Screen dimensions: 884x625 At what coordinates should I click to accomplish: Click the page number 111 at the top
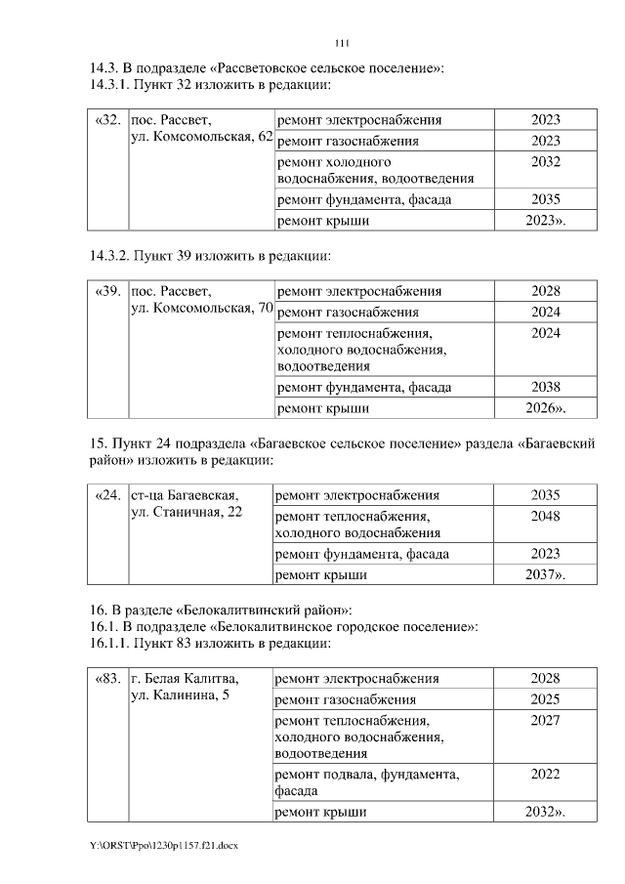pos(342,43)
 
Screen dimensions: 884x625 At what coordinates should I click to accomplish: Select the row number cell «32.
pos(108,120)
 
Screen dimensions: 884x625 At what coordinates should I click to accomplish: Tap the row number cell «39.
pos(108,291)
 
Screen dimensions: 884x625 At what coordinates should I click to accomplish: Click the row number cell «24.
pos(107,495)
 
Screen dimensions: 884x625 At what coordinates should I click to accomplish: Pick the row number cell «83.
pos(107,678)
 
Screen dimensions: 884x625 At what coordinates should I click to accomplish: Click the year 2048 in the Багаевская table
pos(545,516)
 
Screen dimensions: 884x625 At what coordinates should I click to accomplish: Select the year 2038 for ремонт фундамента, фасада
pos(545,386)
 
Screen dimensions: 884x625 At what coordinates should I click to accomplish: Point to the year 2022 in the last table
pos(545,774)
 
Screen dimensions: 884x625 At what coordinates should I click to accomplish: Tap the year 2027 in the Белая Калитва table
pos(545,720)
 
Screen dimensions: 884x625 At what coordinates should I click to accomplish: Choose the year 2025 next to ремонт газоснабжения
pos(545,699)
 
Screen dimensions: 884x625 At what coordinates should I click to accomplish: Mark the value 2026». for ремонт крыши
pos(545,407)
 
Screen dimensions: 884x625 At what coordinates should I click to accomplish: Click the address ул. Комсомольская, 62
pos(201,139)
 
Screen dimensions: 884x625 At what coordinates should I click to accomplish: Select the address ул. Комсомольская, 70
pos(201,310)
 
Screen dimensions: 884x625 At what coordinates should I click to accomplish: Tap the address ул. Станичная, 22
pos(187,514)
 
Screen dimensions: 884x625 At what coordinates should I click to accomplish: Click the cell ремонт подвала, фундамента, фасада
pos(367,782)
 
